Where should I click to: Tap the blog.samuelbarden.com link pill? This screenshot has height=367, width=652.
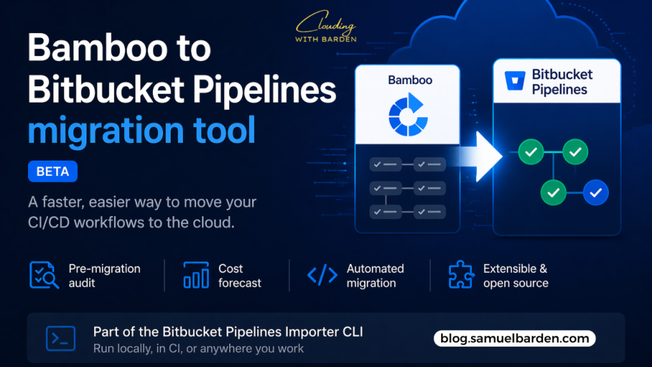(514, 338)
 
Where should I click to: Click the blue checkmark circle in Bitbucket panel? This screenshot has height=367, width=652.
(596, 191)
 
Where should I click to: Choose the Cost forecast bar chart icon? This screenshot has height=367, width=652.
(196, 275)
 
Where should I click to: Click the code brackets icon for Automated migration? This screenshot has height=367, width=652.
(322, 275)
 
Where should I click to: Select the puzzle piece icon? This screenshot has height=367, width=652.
(461, 275)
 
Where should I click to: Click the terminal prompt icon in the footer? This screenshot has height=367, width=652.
(60, 338)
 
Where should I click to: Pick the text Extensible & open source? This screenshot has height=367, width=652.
(515, 275)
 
